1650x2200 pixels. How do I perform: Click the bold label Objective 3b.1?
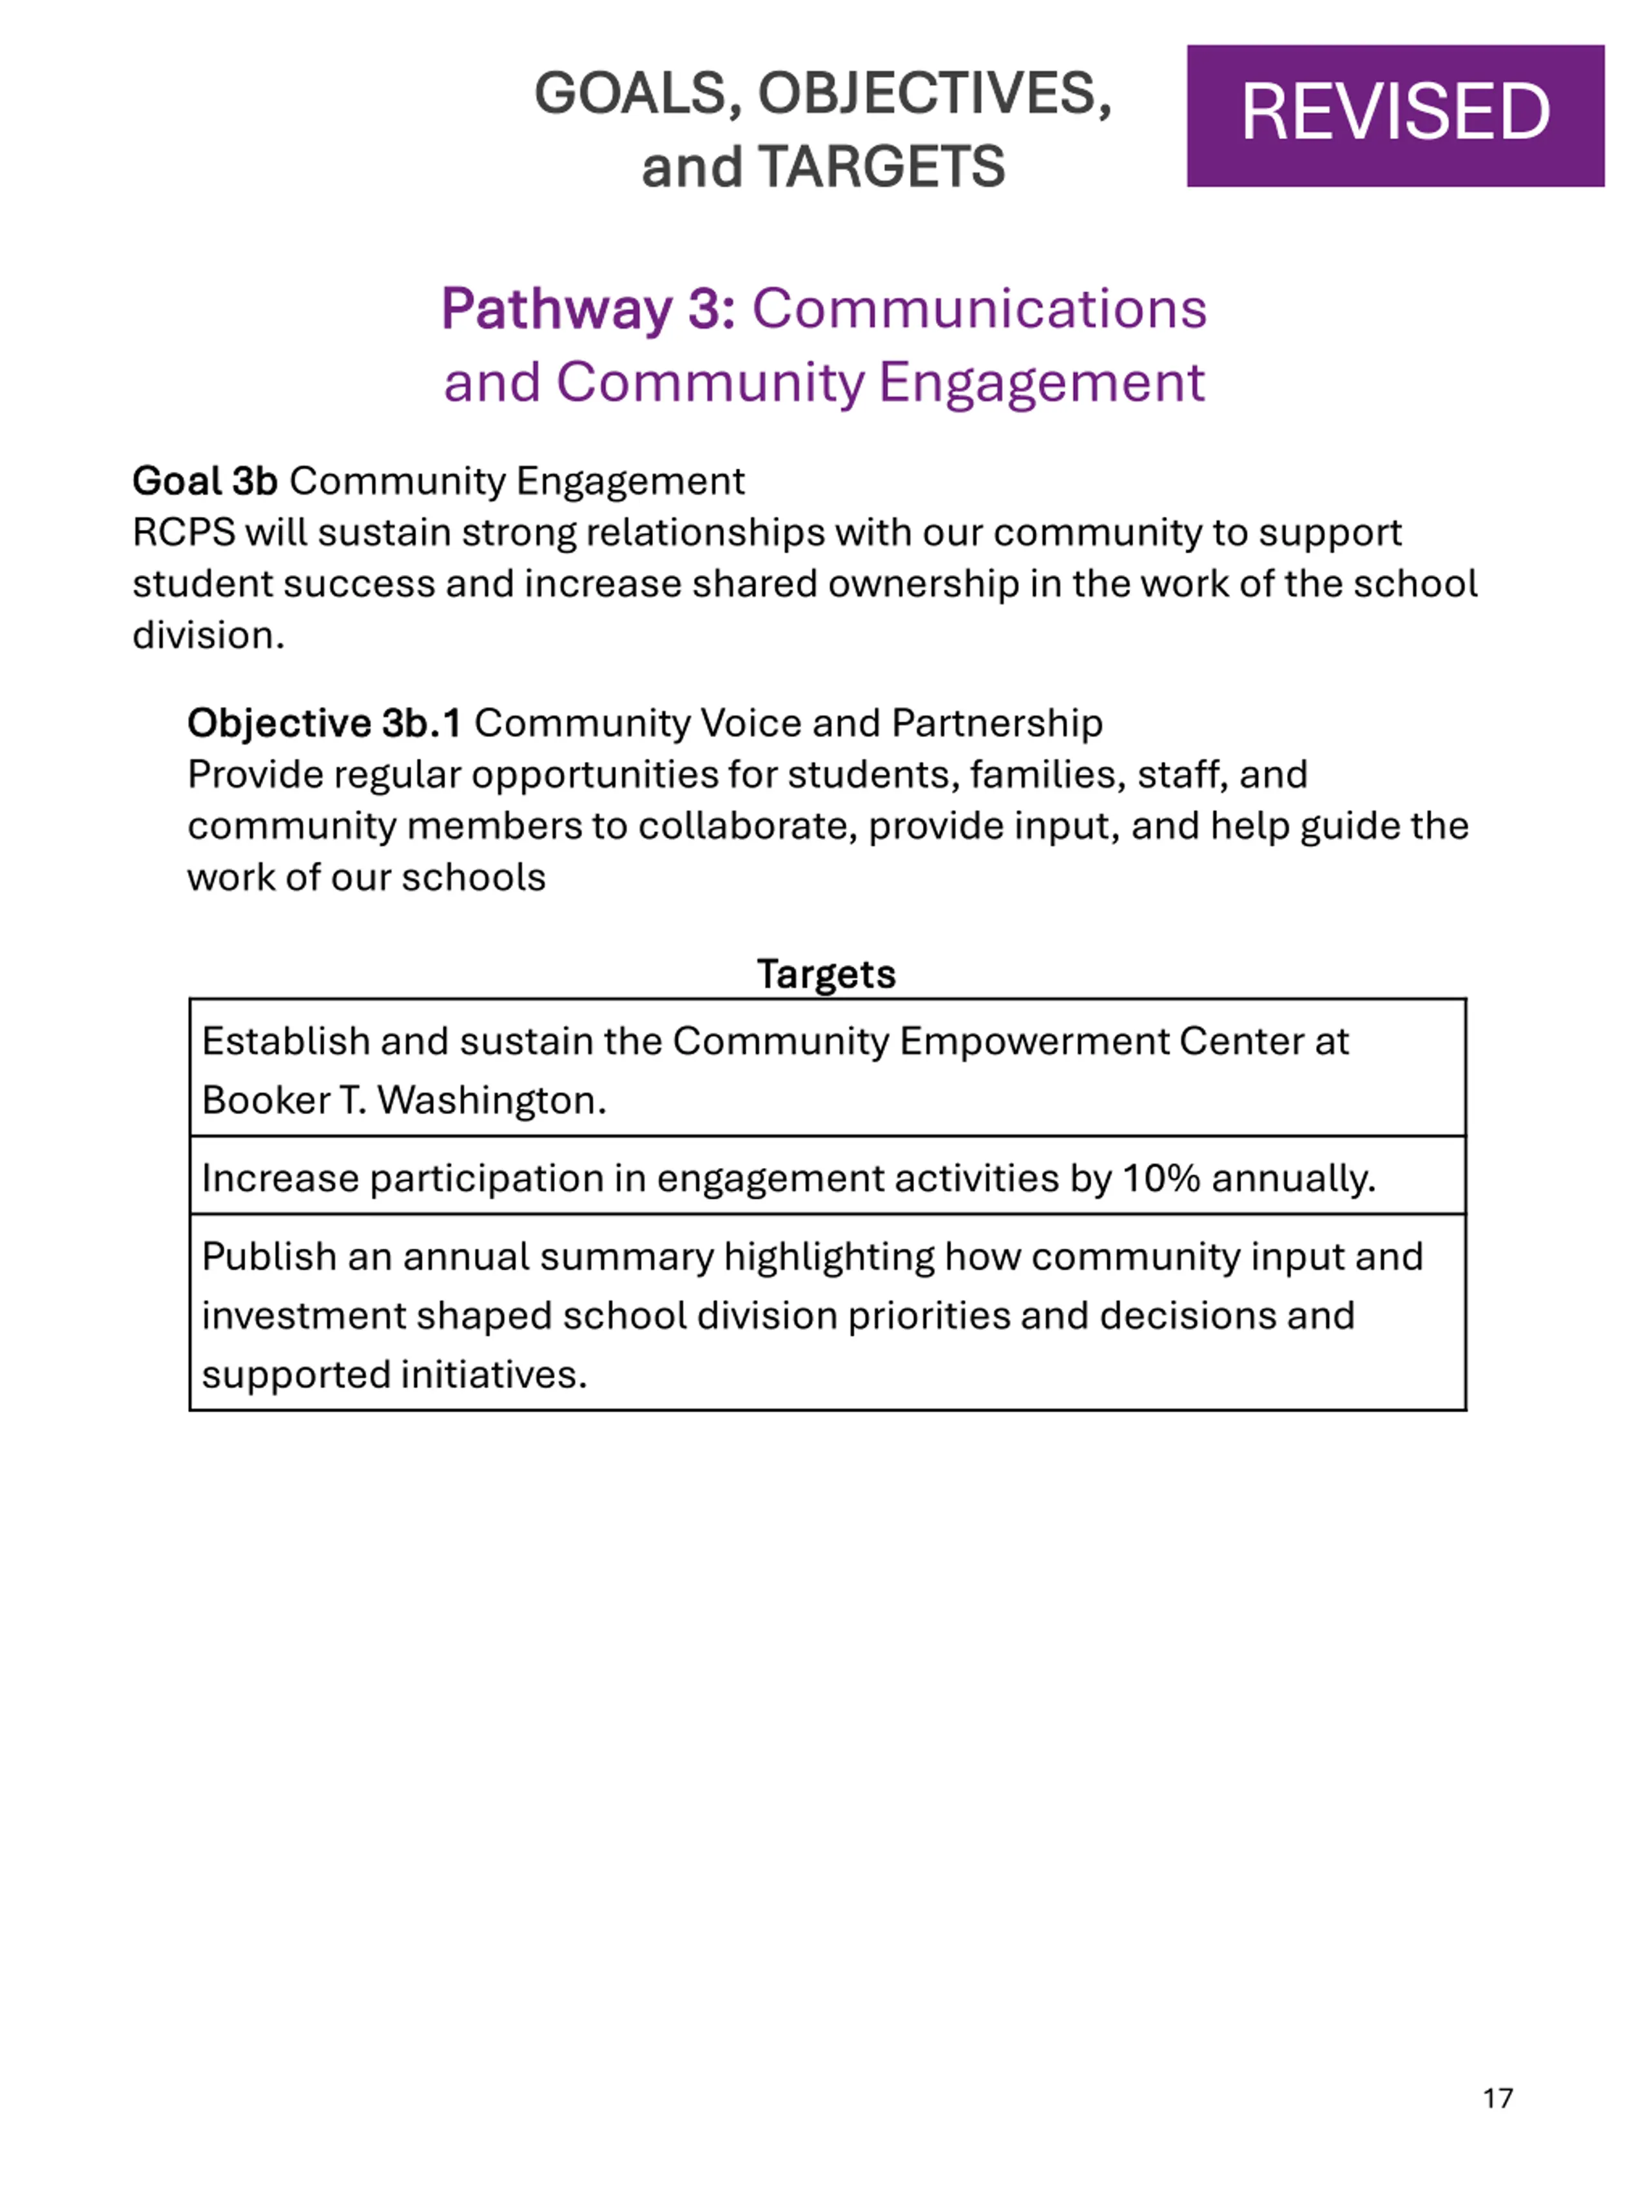point(324,723)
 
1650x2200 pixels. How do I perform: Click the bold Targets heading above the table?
point(826,974)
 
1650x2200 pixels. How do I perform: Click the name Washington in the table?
point(490,1100)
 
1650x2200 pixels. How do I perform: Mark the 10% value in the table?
point(1161,1178)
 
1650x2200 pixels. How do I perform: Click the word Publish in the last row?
point(269,1256)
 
